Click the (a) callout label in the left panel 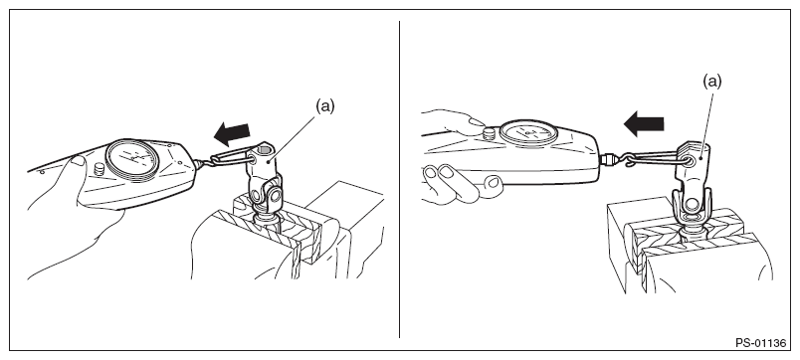(x=325, y=106)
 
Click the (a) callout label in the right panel (x=712, y=82)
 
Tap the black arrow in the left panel (x=232, y=133)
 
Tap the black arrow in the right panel (x=644, y=124)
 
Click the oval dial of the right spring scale (x=528, y=132)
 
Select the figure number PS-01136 (x=761, y=343)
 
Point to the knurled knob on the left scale (x=100, y=169)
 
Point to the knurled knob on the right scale (x=489, y=134)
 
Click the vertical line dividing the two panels (x=399, y=179)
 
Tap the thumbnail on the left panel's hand (x=78, y=160)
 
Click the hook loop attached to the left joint (x=230, y=155)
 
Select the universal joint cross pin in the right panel (x=693, y=205)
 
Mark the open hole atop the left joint (x=264, y=150)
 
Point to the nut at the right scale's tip (x=606, y=159)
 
